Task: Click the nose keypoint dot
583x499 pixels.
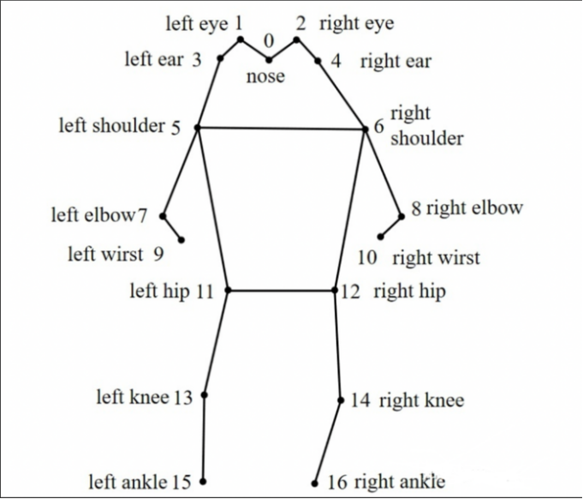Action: (x=269, y=60)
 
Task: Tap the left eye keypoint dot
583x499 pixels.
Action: (x=241, y=39)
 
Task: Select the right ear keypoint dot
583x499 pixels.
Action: (x=318, y=61)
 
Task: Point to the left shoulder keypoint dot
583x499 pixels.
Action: (x=198, y=127)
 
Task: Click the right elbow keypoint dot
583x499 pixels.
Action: (x=401, y=216)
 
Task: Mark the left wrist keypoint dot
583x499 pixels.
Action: (x=181, y=240)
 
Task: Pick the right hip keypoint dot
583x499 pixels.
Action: (x=336, y=291)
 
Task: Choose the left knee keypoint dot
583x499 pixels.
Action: (x=205, y=395)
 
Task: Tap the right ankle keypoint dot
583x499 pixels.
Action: (x=315, y=483)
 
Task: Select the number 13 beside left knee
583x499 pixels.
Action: (x=183, y=398)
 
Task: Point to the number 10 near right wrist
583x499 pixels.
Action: (x=367, y=257)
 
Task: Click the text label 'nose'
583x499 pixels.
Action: (x=265, y=77)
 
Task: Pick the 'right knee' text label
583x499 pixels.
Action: (x=421, y=400)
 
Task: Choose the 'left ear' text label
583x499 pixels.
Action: (x=154, y=60)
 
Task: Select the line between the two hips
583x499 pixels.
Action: (x=283, y=291)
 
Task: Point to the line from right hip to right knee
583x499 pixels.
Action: (x=338, y=343)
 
